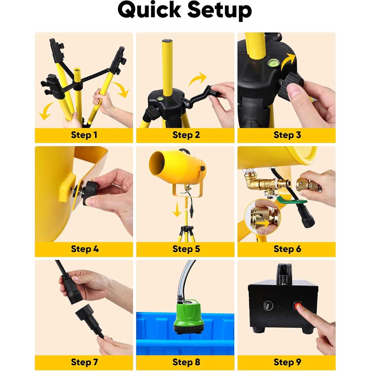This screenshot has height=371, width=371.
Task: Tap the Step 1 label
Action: (x=84, y=135)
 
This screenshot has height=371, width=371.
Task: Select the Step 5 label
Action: (x=186, y=249)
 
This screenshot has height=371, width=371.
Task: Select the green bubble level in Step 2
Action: (x=160, y=99)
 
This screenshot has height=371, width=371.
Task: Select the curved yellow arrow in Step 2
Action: (x=197, y=79)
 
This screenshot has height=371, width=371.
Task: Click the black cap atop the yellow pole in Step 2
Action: (x=167, y=41)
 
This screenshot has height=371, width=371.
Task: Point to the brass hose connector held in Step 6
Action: (x=308, y=185)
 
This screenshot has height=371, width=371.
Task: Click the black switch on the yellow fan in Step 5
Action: (x=203, y=168)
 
